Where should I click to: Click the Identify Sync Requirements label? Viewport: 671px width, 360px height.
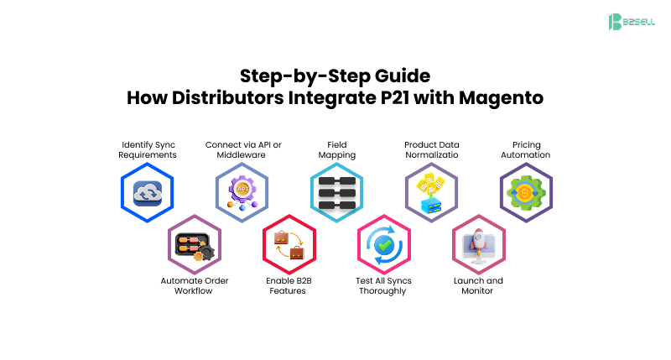148,149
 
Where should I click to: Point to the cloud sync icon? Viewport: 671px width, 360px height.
148,192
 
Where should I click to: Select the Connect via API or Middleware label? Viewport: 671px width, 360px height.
243,149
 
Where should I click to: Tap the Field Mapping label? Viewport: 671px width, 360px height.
337,149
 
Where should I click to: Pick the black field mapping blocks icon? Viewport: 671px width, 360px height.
337,192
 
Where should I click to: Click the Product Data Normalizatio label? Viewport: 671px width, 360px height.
431,149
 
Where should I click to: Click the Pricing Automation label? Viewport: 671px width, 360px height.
526,149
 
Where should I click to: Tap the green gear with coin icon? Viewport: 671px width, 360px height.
526,192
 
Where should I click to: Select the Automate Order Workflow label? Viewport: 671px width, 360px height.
195,285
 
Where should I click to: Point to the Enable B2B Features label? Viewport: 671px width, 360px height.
289,285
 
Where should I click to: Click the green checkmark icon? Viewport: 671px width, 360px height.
383,244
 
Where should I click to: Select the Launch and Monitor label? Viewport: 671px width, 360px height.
478,285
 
